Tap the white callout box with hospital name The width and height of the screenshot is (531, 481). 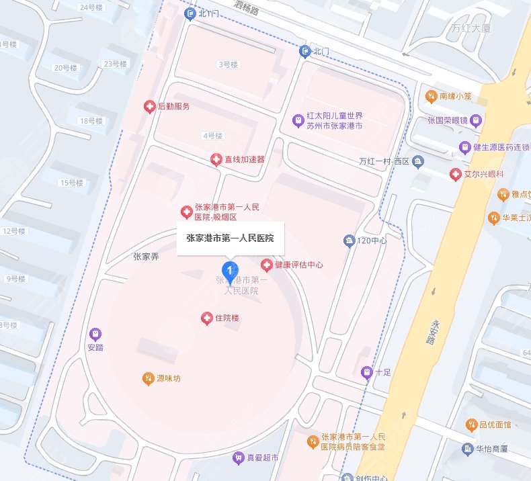[231, 237]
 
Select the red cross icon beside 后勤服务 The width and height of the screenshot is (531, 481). [150, 106]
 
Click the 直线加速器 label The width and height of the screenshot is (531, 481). [245, 159]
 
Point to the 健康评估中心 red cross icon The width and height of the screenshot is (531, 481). [267, 265]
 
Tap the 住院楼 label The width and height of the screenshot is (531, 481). [227, 317]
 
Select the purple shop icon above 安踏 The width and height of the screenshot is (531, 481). [95, 334]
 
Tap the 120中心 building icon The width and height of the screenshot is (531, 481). [349, 240]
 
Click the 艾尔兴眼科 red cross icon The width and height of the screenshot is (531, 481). [455, 174]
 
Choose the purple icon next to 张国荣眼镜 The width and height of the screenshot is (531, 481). [476, 121]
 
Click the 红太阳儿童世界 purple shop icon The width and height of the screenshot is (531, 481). [298, 121]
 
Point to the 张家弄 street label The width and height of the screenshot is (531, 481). [146, 255]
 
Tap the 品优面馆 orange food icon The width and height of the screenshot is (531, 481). [471, 425]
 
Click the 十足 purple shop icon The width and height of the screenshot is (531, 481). [366, 371]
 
